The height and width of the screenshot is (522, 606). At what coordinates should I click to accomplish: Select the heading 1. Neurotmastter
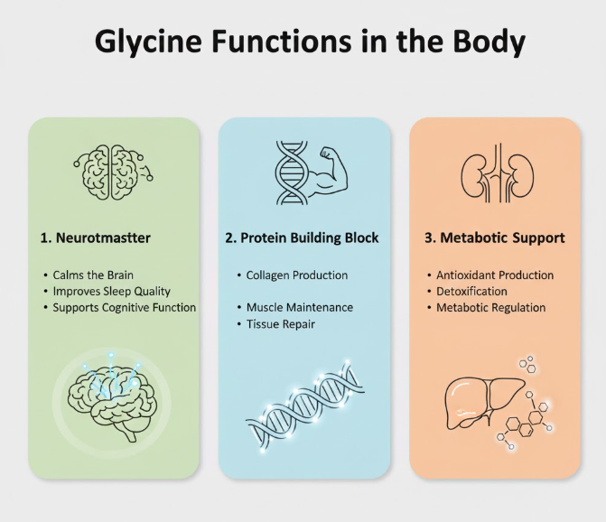(96, 238)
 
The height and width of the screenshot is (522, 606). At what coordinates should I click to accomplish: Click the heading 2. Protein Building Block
(302, 238)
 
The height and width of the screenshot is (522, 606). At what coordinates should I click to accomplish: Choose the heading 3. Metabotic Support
(494, 238)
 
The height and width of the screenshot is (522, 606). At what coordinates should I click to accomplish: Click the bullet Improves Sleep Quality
(112, 291)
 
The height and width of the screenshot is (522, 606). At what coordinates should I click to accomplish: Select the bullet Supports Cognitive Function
(124, 308)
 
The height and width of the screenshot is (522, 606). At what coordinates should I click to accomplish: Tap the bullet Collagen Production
(296, 275)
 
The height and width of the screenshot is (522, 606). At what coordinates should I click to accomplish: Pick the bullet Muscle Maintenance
(299, 308)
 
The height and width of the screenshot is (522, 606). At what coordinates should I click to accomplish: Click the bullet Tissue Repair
(280, 324)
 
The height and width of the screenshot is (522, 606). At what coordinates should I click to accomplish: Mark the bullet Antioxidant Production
(495, 275)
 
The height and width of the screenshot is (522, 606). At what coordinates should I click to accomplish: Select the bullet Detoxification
(471, 291)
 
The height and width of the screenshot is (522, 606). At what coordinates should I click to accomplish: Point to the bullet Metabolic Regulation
(490, 308)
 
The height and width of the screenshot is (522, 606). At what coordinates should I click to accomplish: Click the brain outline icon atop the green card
(114, 169)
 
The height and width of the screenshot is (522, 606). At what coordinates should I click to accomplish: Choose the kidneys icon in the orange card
(494, 173)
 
